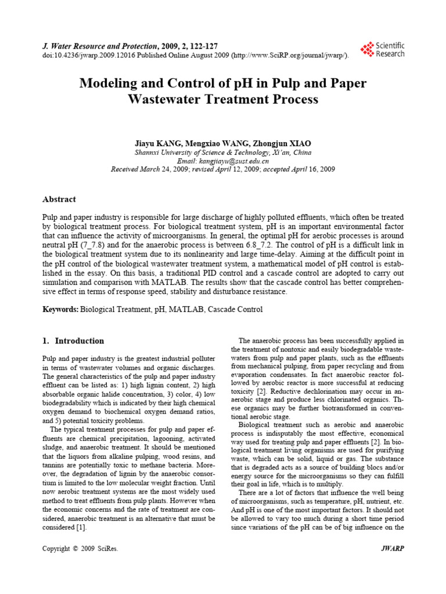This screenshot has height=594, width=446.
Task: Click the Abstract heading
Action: point(59,199)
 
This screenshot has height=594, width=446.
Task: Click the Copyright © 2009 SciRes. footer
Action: point(81,548)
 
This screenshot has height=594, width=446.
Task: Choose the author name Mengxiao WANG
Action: point(215,143)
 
